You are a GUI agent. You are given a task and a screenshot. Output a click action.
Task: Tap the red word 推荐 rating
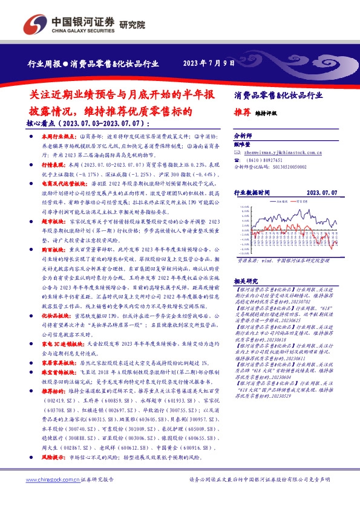click(241, 112)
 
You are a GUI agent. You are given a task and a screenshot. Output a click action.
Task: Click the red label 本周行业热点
click(59, 137)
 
